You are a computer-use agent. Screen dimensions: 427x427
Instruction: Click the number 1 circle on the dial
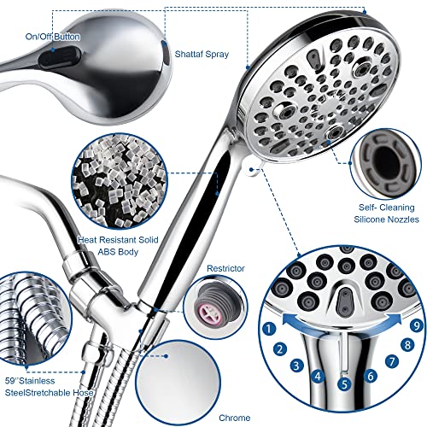click(270, 327)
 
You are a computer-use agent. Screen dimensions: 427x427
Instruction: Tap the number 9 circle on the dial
click(417, 325)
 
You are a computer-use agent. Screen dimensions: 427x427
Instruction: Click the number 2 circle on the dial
click(279, 348)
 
